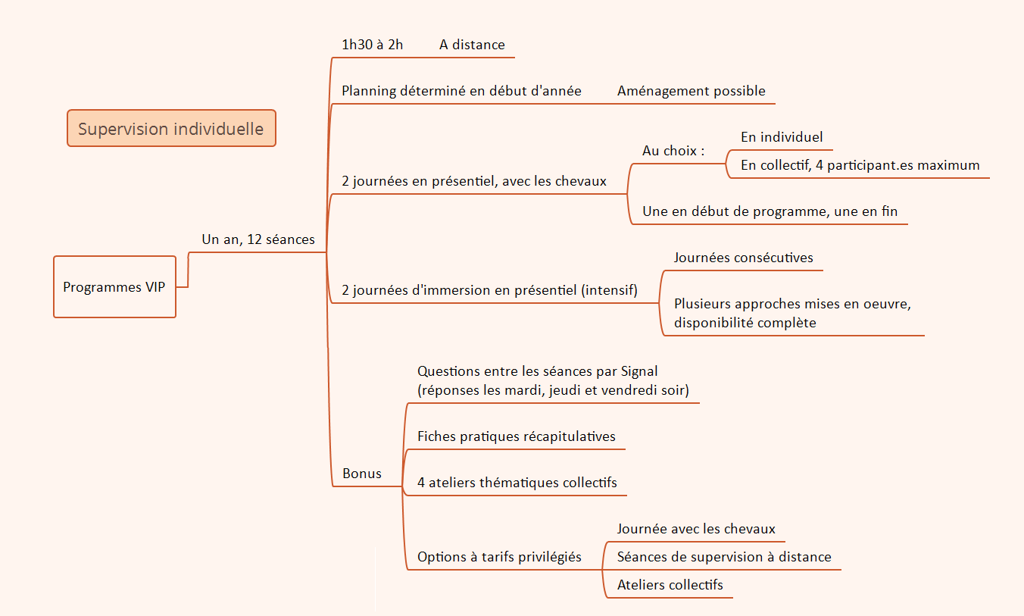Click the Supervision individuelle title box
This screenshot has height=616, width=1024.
click(x=171, y=129)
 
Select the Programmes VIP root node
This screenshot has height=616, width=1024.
click(x=114, y=287)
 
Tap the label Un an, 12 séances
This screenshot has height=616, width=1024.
click(x=258, y=239)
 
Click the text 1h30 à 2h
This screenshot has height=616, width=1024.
click(x=372, y=45)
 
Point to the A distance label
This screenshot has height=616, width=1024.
click(x=472, y=45)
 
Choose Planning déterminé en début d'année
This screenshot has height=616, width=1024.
click(x=461, y=91)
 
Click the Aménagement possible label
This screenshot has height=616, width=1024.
click(x=691, y=91)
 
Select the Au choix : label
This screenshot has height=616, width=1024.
click(x=673, y=151)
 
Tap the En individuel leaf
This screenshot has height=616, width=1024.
click(x=782, y=137)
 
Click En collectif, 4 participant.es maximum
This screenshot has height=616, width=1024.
click(x=860, y=165)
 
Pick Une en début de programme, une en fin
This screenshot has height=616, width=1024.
click(x=770, y=211)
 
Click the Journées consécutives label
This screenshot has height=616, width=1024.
click(x=743, y=258)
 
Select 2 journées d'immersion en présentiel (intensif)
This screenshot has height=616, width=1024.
click(x=489, y=290)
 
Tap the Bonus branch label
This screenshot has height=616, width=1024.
click(x=361, y=474)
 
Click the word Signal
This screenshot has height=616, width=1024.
click(x=639, y=371)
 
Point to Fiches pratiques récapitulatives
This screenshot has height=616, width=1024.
click(x=516, y=436)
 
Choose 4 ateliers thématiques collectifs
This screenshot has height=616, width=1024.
click(x=517, y=483)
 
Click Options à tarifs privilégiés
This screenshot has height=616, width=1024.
click(x=499, y=557)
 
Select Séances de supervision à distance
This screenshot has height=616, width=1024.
click(x=723, y=557)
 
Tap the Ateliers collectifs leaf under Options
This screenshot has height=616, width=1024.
click(x=670, y=585)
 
